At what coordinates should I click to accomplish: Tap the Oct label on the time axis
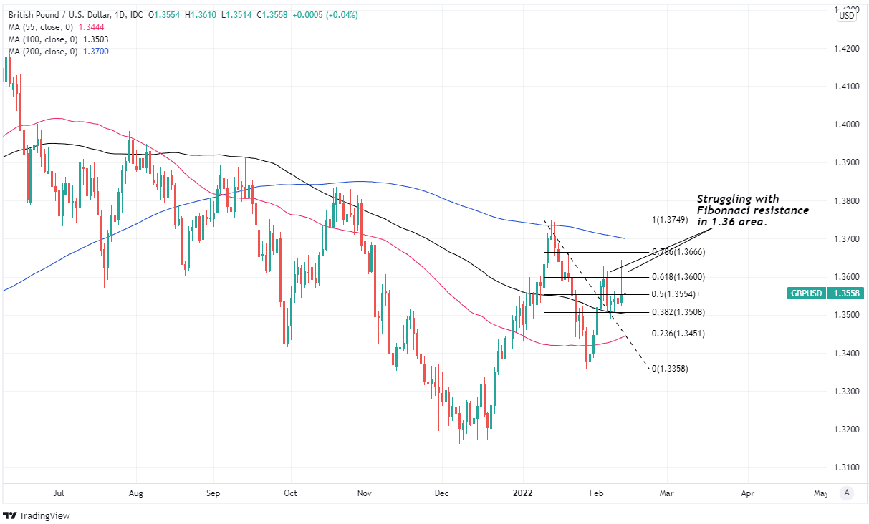[x=290, y=493]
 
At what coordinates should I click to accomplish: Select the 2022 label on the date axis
[x=523, y=493]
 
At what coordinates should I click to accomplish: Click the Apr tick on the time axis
[x=748, y=493]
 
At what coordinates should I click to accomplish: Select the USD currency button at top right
[x=848, y=16]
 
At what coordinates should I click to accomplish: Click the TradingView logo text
[x=44, y=515]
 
